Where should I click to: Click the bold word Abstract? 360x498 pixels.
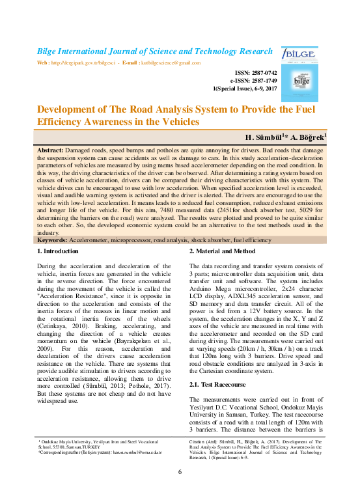click(51, 150)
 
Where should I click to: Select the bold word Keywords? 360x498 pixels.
click(54, 240)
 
